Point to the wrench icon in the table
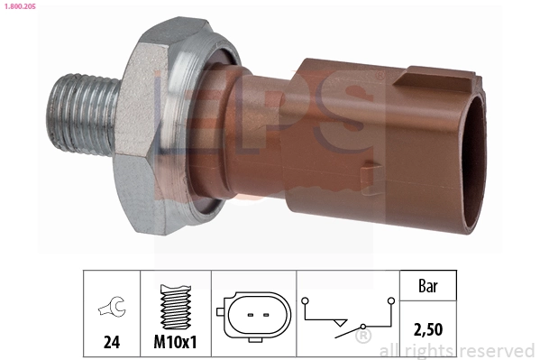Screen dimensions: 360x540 pos(111,309)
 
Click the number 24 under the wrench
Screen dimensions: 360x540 pos(111,342)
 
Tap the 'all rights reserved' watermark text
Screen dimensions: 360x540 pos(457,351)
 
